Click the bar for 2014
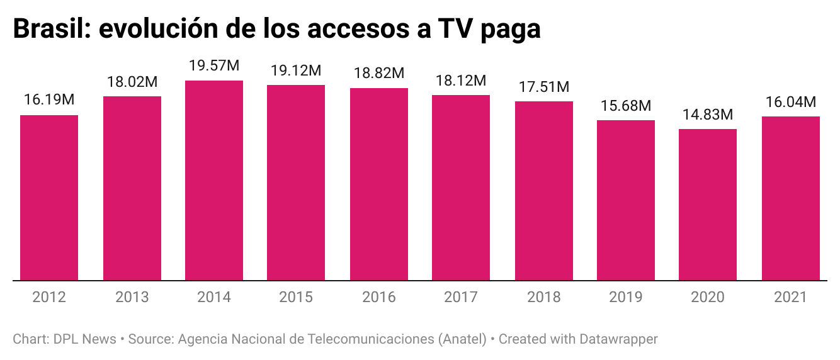tap(214, 181)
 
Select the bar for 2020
tap(708, 205)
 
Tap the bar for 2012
tap(49, 198)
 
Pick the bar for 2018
tap(544, 191)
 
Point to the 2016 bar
tap(379, 184)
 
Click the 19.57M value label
tap(214, 67)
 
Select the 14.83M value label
tap(708, 115)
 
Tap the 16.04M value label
tap(791, 103)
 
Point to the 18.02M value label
tap(132, 82)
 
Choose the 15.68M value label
tap(626, 106)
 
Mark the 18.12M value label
tap(461, 81)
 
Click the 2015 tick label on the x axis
tap(296, 297)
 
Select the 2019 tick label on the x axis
tap(626, 297)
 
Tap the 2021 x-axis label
tap(791, 297)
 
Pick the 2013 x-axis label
tap(132, 297)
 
